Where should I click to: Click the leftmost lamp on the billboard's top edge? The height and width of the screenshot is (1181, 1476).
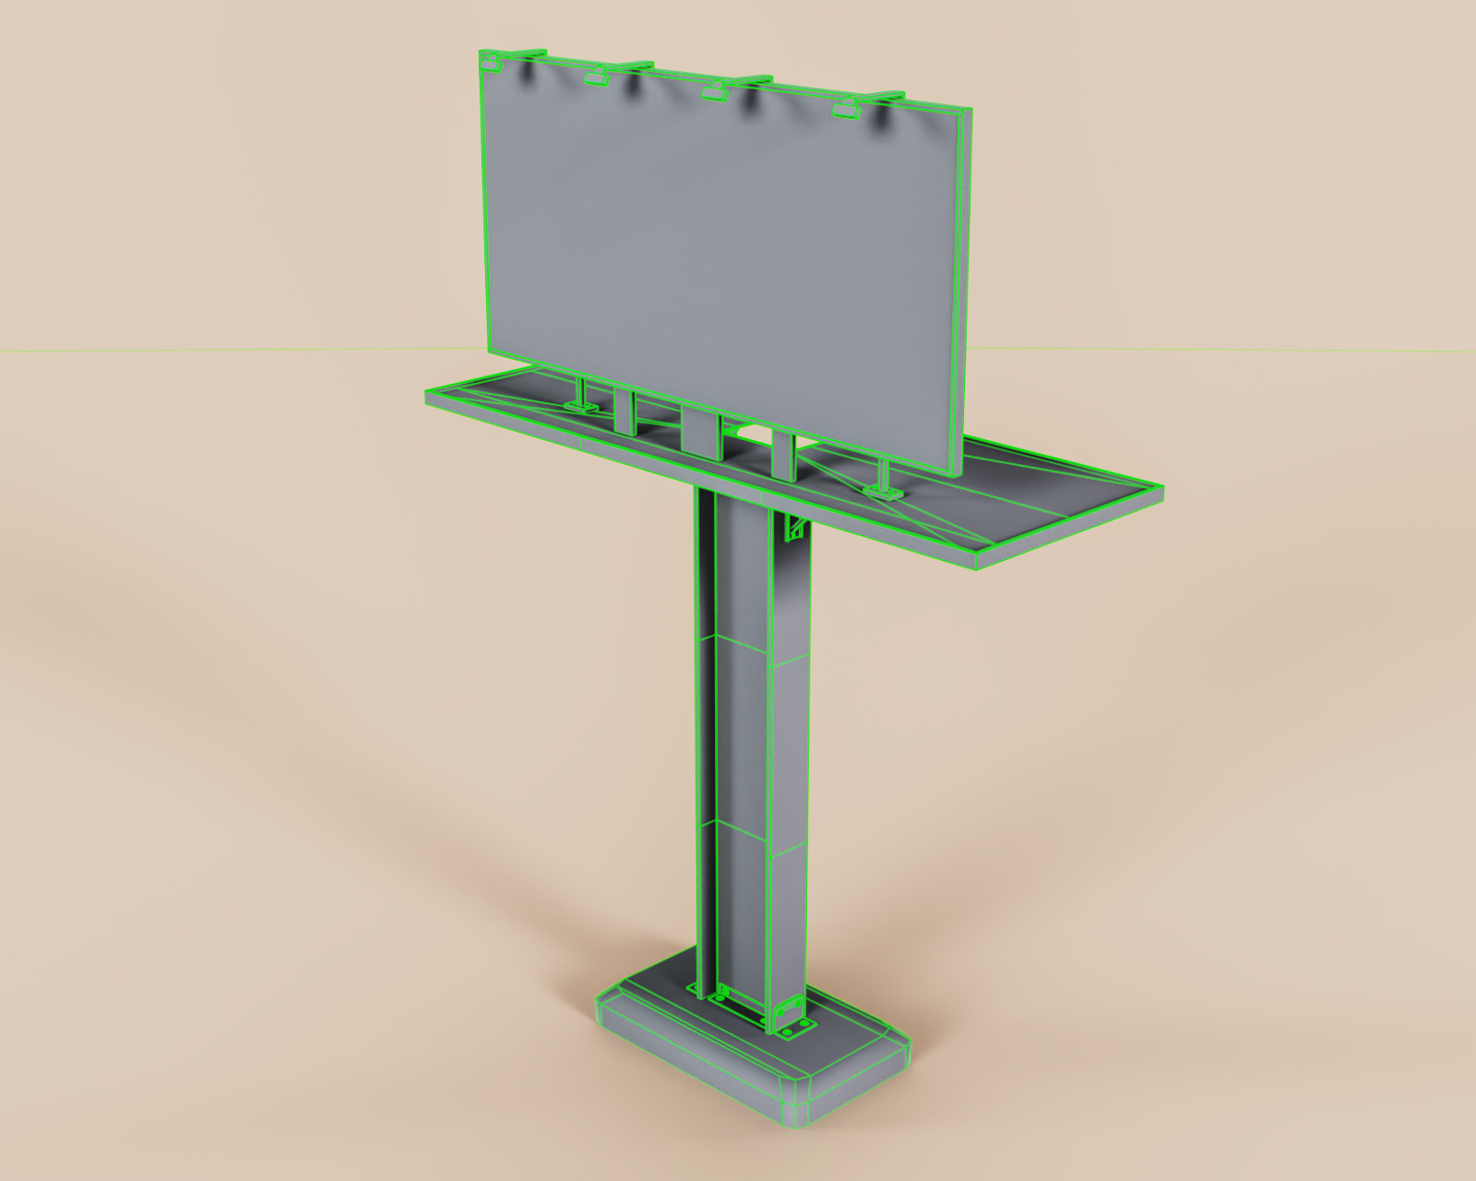(490, 64)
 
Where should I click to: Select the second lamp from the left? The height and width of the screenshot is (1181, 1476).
(598, 78)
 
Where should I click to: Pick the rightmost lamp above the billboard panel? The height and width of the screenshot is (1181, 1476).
(845, 110)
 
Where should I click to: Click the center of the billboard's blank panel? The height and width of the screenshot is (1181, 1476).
(720, 258)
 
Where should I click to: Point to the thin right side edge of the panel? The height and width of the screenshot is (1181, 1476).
(962, 295)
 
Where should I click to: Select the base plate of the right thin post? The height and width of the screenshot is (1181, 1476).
(883, 492)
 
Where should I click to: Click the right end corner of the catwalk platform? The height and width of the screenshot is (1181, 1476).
(1159, 490)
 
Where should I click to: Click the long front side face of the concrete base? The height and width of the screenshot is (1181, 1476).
(692, 1061)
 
